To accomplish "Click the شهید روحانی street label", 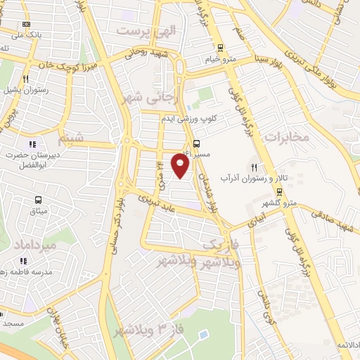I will click(x=145, y=53).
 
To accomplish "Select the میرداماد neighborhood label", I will click(x=33, y=244).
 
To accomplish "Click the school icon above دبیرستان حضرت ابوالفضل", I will click(x=32, y=144).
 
